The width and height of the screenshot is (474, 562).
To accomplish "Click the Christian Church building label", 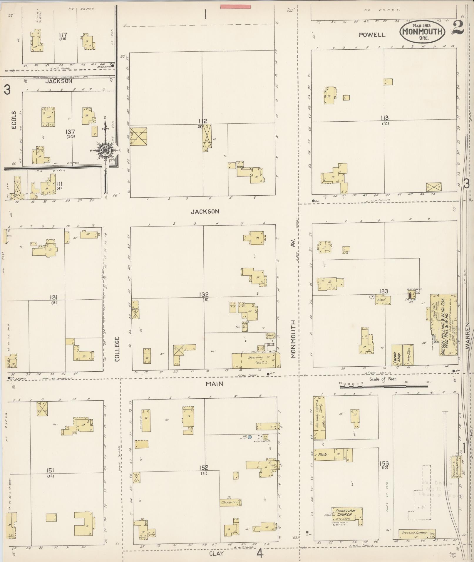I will point(346,512).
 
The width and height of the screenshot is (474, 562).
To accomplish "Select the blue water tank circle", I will point(249,437).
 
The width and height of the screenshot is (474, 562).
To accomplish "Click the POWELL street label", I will point(372,35).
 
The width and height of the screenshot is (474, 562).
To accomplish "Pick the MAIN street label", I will point(214,383).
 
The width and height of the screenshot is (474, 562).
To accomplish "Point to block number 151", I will point(50,470).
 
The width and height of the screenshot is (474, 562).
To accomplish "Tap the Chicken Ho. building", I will point(230,502).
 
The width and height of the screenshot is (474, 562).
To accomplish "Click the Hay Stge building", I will point(409,355).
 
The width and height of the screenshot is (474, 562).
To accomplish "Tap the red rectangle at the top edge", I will point(235,6).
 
